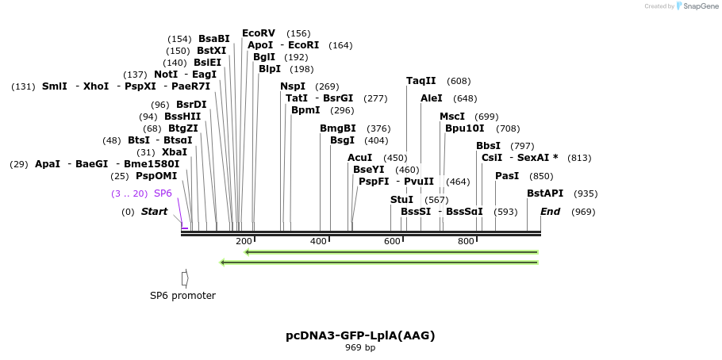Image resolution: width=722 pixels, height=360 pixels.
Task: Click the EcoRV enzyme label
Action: [259, 33]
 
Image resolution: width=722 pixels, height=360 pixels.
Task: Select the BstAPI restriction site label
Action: [546, 193]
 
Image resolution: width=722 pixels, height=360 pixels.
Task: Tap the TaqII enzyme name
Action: [421, 81]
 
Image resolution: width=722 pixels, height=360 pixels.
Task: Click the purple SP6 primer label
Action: [163, 193]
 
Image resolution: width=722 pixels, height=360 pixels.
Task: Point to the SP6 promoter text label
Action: [182, 296]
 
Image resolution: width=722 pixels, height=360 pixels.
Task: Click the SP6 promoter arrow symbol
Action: [185, 278]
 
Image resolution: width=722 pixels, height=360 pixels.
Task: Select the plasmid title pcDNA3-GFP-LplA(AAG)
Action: [360, 335]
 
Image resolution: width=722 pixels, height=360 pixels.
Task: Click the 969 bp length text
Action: [360, 348]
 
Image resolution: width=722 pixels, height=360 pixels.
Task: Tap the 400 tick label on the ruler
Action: [318, 241]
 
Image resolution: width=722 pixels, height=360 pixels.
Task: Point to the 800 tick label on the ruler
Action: [466, 241]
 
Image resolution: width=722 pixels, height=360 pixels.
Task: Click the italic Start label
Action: [155, 212]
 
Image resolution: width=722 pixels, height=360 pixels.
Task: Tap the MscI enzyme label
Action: [452, 117]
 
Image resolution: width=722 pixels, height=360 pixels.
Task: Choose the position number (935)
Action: [586, 193]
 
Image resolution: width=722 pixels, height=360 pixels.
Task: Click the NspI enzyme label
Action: [293, 86]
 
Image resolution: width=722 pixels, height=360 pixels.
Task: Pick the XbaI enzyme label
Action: [175, 152]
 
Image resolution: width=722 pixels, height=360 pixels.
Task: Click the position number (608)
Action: [459, 81]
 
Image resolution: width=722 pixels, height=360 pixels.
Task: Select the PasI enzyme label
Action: [507, 176]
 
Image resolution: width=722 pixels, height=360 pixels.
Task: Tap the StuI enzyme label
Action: [401, 200]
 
